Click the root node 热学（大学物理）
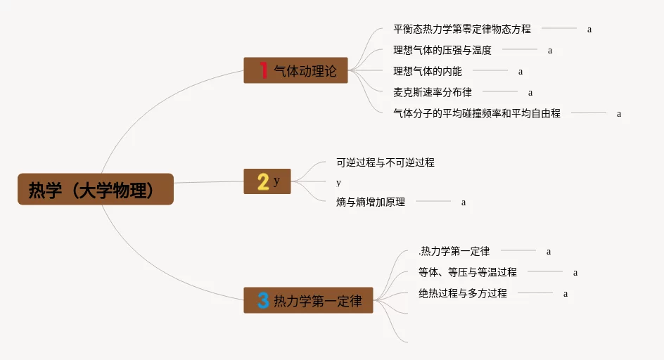(x=95, y=190)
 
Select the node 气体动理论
(x=305, y=71)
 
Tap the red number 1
(x=263, y=70)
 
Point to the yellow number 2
(x=263, y=182)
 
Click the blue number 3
(x=263, y=302)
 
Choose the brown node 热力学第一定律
(x=317, y=302)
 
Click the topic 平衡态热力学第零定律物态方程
(x=462, y=30)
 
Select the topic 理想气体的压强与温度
(x=442, y=51)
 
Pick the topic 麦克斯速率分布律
(x=433, y=92)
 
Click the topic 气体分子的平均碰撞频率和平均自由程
(x=477, y=113)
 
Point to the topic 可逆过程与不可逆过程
(x=385, y=162)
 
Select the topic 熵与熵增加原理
(x=371, y=202)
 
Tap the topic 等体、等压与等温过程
(x=467, y=272)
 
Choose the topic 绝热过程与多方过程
(x=462, y=293)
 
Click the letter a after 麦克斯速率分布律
(x=530, y=93)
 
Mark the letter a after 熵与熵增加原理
(x=464, y=203)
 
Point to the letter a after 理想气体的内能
(x=521, y=72)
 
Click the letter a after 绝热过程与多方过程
(x=566, y=294)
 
